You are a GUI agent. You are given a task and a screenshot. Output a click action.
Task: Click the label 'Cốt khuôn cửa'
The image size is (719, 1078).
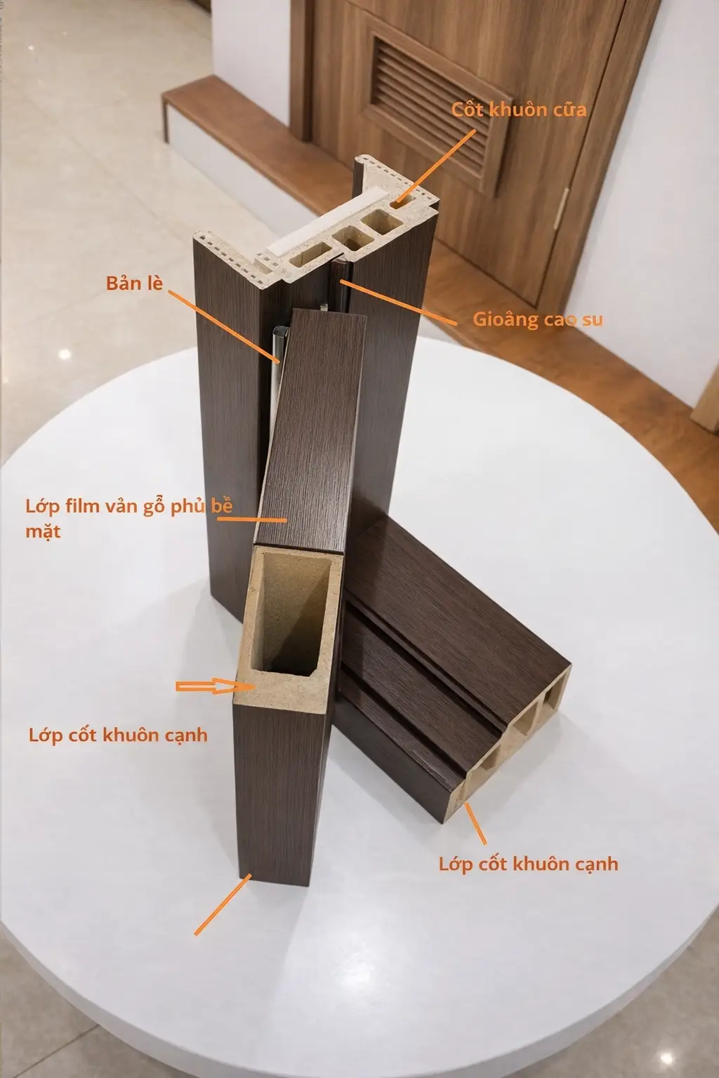(x=519, y=109)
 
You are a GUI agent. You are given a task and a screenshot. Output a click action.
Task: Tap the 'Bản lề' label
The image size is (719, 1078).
(x=134, y=283)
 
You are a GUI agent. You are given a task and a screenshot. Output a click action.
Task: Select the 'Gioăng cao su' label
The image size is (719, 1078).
(x=537, y=319)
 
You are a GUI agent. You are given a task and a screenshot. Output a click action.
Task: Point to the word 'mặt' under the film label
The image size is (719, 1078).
(x=43, y=531)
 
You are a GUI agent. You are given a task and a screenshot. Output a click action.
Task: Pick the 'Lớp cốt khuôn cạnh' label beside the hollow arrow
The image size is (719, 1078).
(x=118, y=735)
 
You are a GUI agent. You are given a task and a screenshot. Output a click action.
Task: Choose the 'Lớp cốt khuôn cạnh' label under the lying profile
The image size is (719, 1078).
(x=528, y=864)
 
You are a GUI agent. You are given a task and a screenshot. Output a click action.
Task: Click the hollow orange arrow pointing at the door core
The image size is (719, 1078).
(x=216, y=686)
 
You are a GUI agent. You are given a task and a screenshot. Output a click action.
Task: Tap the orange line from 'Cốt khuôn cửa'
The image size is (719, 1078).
(x=435, y=166)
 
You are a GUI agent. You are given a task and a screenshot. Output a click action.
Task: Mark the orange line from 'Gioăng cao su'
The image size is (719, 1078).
(x=398, y=302)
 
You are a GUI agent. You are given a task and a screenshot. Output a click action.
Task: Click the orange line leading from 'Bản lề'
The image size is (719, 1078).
(x=223, y=326)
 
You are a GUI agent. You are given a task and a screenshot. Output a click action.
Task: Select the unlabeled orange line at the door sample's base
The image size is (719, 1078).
(x=223, y=904)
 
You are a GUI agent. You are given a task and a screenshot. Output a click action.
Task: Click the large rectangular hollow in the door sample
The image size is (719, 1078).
(x=290, y=611)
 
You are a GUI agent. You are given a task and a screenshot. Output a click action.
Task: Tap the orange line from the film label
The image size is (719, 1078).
(x=252, y=520)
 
